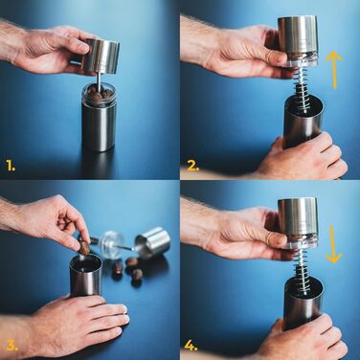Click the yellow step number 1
tap(11, 166)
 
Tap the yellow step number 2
tap(193, 166)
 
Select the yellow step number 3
tap(12, 346)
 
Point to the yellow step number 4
tap(191, 346)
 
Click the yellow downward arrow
tap(334, 244)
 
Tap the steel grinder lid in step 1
tap(101, 56)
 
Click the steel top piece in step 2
tap(298, 40)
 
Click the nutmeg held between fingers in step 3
tap(84, 248)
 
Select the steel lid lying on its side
tap(153, 242)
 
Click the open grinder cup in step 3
tap(85, 275)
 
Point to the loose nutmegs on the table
tap(127, 269)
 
